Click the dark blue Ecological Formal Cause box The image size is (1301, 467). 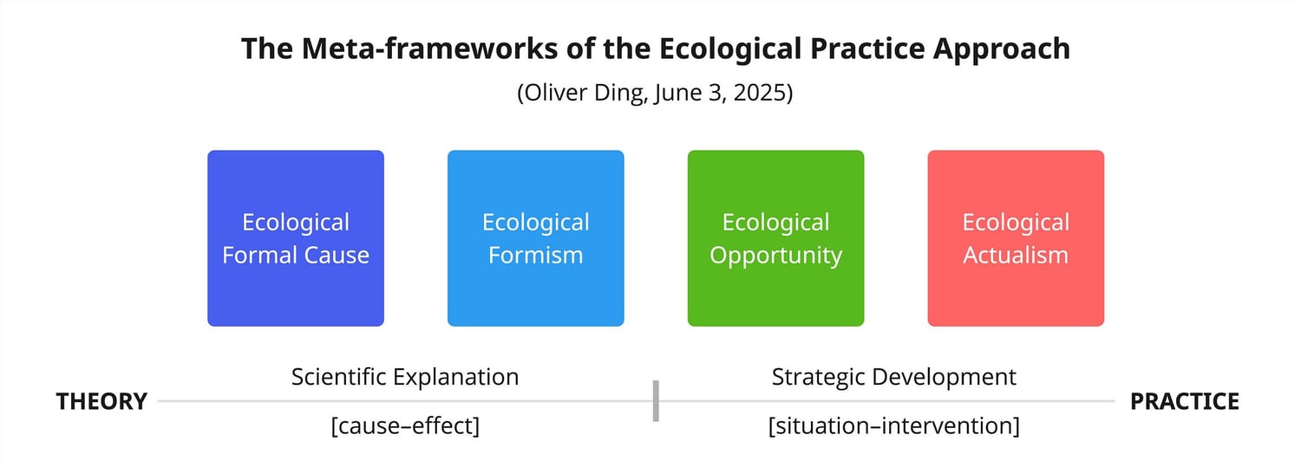(296, 238)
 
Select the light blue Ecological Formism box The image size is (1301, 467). (535, 238)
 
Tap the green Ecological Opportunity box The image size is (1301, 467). (776, 238)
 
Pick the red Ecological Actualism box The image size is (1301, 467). (1016, 238)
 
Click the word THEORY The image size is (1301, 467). (101, 401)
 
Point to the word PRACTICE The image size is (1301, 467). (1184, 401)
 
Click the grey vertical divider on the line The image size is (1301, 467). (656, 401)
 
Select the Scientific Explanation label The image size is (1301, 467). (405, 377)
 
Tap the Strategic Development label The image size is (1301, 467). (894, 377)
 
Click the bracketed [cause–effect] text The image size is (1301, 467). (405, 425)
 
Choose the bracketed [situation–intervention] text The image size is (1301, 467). (894, 425)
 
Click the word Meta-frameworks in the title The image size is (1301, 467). (430, 49)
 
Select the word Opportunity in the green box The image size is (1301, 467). (776, 256)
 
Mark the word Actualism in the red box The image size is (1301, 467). (1016, 256)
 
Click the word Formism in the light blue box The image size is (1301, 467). (535, 256)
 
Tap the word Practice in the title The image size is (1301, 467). (867, 49)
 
